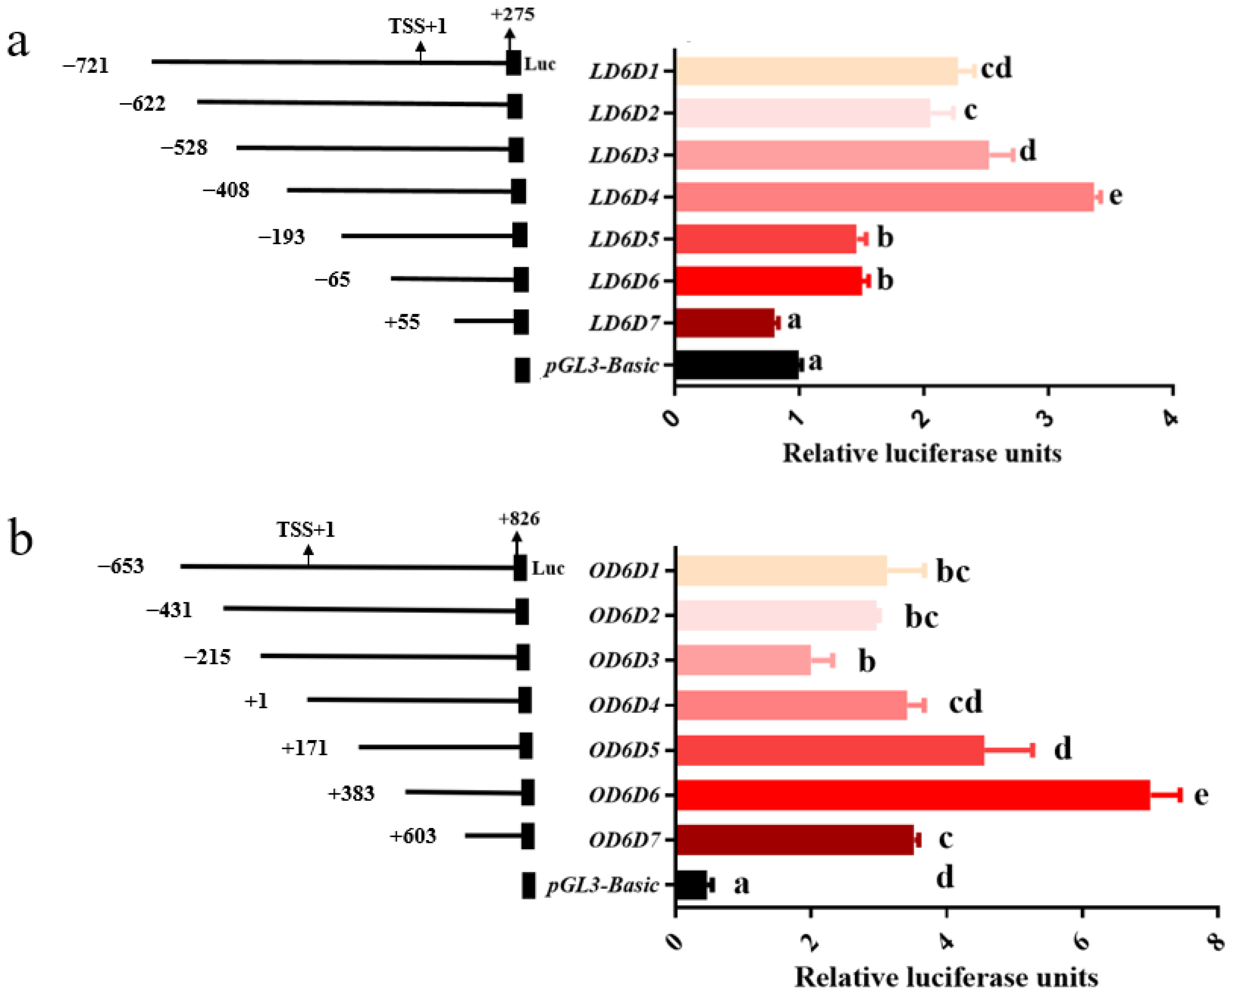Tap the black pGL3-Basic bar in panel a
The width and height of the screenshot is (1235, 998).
(737, 365)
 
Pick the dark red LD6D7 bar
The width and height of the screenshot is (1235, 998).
(725, 323)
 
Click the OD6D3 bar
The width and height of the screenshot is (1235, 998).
(743, 659)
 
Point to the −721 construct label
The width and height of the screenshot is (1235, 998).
(86, 65)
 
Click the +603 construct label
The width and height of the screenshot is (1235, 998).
(413, 835)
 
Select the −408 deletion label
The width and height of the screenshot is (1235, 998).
(226, 190)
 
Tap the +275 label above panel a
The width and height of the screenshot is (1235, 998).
(513, 14)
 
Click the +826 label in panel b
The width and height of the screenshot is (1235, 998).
(519, 519)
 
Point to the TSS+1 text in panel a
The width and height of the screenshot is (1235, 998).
(418, 26)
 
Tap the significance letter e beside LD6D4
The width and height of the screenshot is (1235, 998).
(1115, 196)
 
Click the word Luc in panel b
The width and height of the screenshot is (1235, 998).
(547, 568)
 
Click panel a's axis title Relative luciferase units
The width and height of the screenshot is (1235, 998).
(922, 453)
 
